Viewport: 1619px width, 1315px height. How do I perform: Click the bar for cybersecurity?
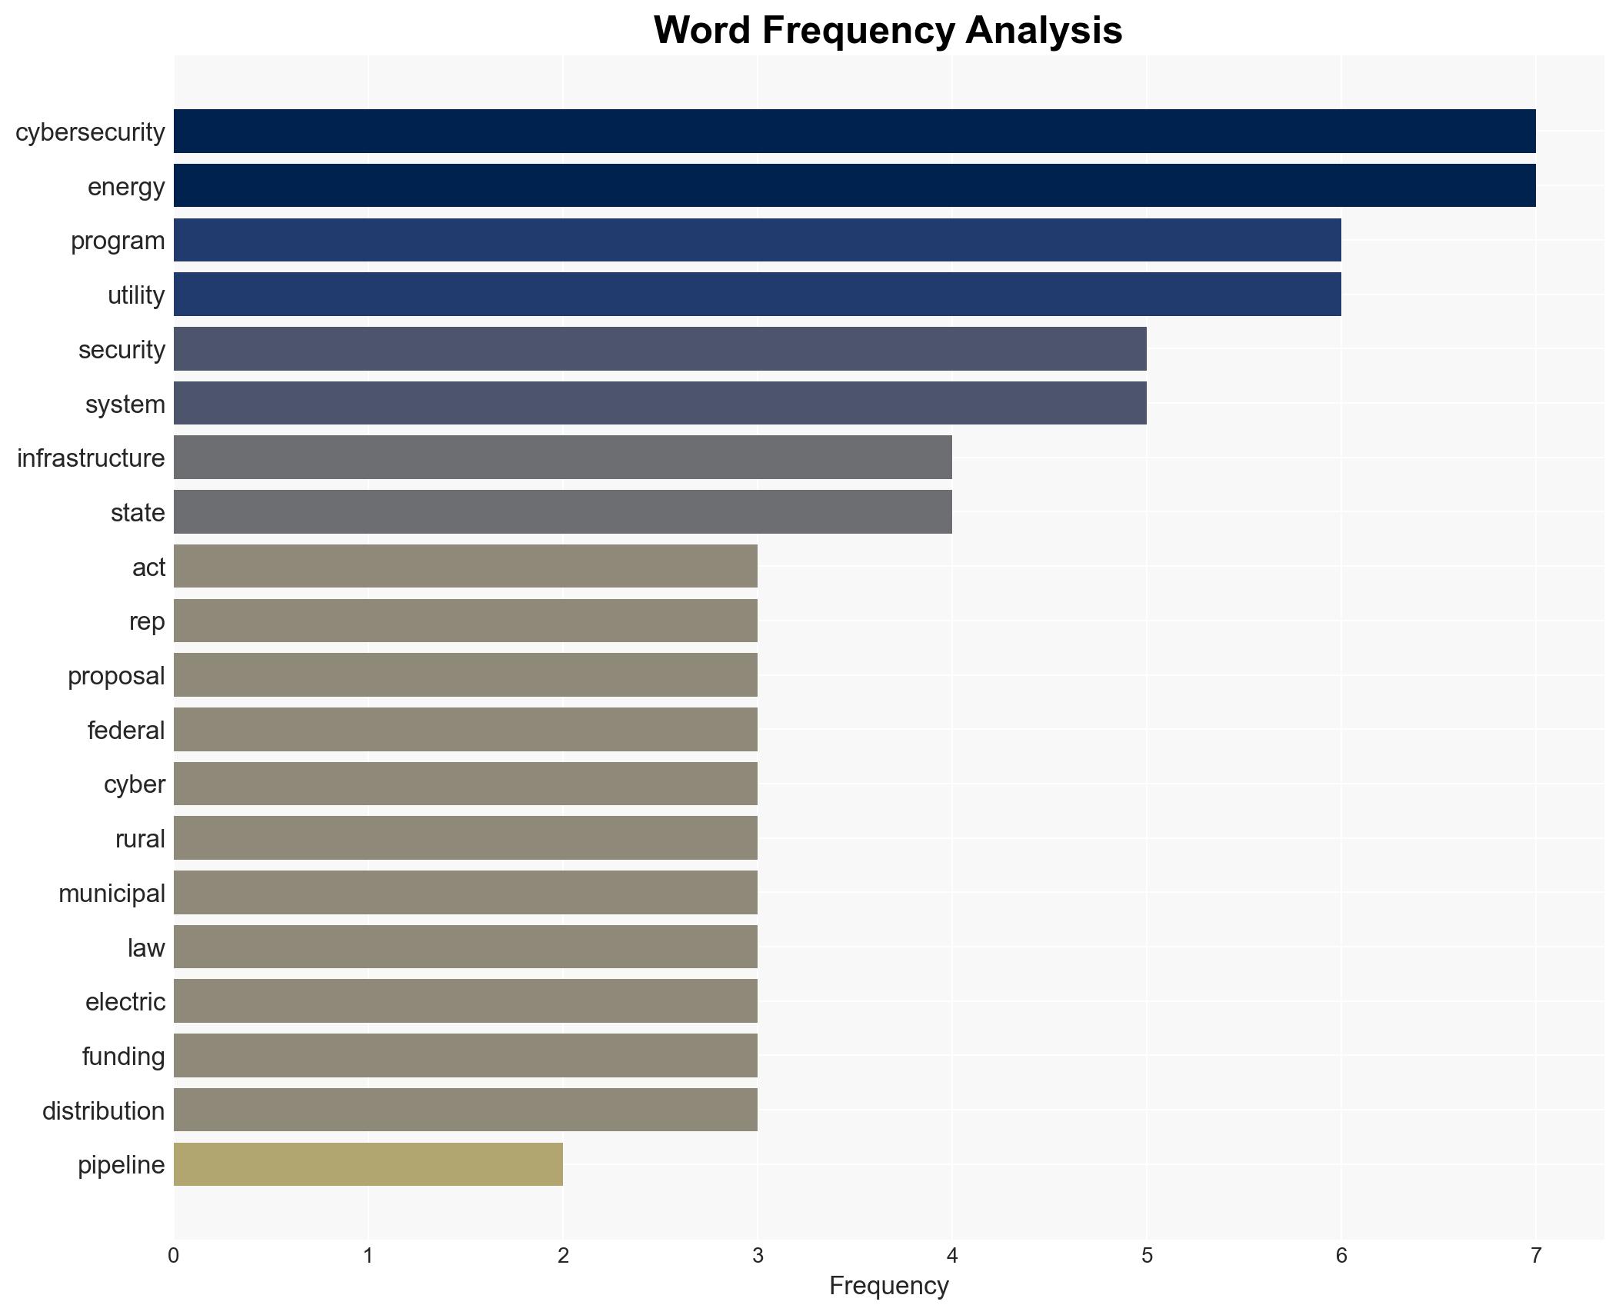tap(854, 131)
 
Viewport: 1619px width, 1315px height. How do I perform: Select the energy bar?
tap(854, 186)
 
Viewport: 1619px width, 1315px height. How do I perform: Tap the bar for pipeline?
tap(368, 1164)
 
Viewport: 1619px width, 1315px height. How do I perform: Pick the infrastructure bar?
tap(562, 458)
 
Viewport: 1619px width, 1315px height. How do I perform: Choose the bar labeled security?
tap(659, 349)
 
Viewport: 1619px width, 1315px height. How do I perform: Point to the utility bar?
tap(757, 295)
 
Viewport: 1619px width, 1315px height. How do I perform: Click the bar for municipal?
tap(465, 893)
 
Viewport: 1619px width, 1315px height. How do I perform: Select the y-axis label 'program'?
tap(118, 241)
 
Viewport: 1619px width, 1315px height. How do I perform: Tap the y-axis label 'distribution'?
tap(103, 1110)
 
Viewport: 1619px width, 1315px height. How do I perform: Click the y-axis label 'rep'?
tap(147, 621)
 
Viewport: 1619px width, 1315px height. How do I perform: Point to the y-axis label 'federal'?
tap(126, 730)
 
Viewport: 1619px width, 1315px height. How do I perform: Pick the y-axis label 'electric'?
tap(125, 1002)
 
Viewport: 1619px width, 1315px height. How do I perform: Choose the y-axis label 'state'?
tap(138, 512)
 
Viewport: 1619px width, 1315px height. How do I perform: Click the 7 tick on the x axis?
tap(1536, 1256)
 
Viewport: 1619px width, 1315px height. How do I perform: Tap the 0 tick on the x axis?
tap(174, 1256)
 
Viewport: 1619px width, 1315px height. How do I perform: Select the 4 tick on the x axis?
tap(952, 1256)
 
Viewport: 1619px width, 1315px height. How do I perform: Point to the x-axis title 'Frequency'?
tap(888, 1286)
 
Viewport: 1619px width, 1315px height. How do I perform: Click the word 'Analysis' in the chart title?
tap(1044, 31)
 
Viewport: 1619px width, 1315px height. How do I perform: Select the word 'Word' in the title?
tap(702, 31)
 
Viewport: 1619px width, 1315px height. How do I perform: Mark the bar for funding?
tap(465, 1056)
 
